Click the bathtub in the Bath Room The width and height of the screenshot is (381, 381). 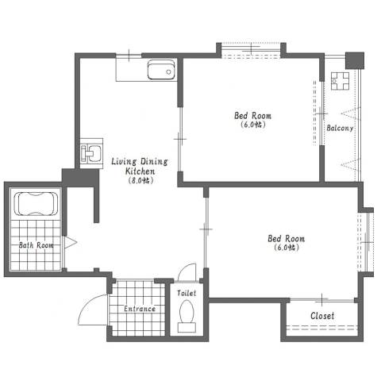(36, 203)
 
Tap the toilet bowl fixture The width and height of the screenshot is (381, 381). (187, 311)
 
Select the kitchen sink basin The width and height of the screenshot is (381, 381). (161, 70)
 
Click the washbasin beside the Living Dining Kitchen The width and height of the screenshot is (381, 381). (91, 153)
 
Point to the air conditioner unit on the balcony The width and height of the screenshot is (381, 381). (340, 81)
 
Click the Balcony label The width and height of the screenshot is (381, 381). (340, 129)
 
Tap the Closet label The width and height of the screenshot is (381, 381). (322, 316)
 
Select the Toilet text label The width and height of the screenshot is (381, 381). (187, 293)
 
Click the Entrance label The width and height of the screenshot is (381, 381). (140, 309)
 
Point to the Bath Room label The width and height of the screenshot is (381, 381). (36, 245)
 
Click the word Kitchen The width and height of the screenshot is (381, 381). (140, 171)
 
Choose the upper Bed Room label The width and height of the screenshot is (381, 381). (252, 116)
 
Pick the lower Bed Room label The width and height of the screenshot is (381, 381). (286, 239)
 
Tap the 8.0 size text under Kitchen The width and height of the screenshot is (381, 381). (140, 181)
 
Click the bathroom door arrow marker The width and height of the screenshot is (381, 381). (71, 242)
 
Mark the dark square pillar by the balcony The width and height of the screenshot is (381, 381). (355, 60)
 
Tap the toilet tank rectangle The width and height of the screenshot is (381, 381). (187, 328)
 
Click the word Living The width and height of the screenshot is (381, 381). (124, 162)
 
